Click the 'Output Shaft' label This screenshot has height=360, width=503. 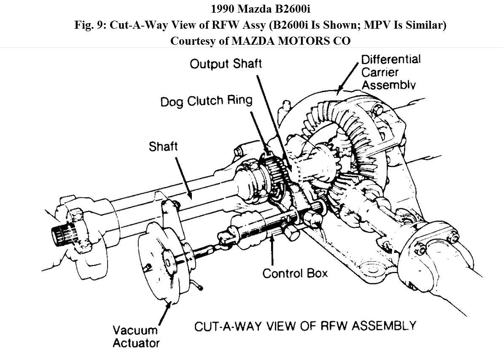pyautogui.click(x=226, y=64)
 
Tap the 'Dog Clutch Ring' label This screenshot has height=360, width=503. pyautogui.click(x=206, y=102)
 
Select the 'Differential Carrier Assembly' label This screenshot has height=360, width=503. pyautogui.click(x=390, y=71)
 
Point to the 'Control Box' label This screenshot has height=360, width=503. pyautogui.click(x=295, y=273)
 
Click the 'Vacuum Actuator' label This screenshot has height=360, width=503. pyautogui.click(x=136, y=336)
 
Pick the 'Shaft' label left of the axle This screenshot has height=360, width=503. pyautogui.click(x=163, y=147)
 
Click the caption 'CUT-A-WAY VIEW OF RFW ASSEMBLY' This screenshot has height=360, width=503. pyautogui.click(x=305, y=326)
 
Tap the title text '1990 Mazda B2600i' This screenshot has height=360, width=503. pyautogui.click(x=251, y=9)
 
